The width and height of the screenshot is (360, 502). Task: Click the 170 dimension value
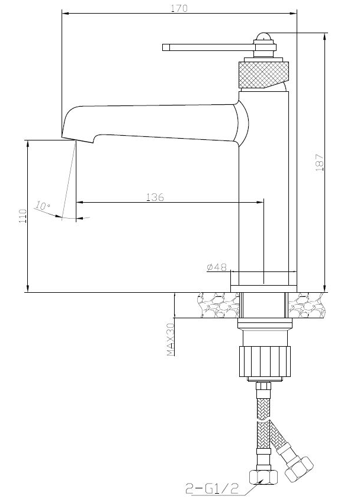[179, 8]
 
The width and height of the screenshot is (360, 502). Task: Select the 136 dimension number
[155, 197]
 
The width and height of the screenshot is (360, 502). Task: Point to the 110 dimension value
[23, 216]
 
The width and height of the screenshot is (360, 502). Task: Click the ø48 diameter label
[217, 267]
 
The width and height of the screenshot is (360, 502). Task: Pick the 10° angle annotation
[43, 205]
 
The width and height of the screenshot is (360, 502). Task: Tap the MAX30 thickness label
[171, 340]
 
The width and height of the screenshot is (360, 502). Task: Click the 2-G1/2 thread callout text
[211, 488]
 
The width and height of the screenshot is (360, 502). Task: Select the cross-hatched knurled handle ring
[263, 75]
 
